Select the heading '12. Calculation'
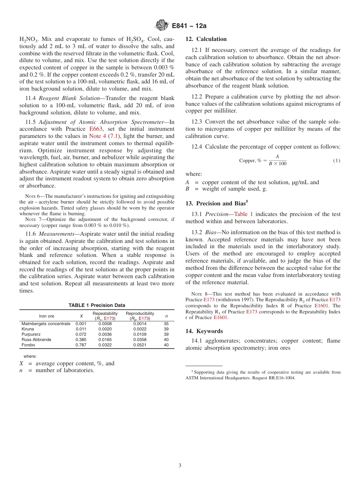tap(206, 39)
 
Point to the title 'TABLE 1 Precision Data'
tap(97, 305)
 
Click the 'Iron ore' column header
tap(47, 316)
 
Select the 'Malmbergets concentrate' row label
tap(46, 324)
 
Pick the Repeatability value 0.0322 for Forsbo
tap(105, 345)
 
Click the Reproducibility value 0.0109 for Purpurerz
tap(140, 335)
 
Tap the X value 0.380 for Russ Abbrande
tap(81, 340)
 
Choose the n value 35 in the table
tap(166, 324)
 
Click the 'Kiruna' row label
tap(28, 329)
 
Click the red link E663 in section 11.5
tap(89, 129)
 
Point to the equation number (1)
tap(337, 161)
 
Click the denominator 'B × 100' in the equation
tap(277, 164)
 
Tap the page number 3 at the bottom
tap(180, 465)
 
